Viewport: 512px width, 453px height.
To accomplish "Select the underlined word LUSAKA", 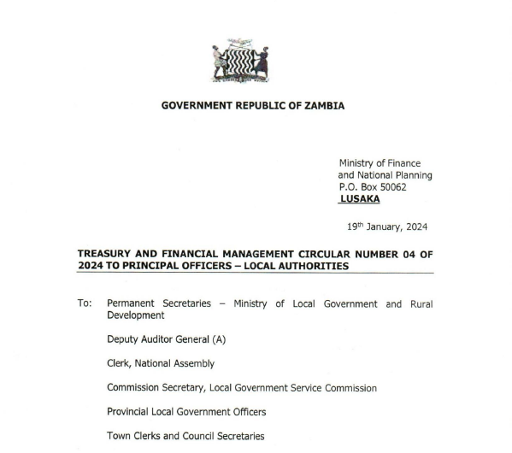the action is point(360,199).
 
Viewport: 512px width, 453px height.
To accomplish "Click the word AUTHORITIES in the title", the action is point(314,266).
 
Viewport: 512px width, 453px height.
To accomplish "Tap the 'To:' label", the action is point(85,304).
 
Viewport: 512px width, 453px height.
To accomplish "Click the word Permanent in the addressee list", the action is point(132,304).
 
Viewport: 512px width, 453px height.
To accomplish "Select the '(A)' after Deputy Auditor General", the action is point(212,339).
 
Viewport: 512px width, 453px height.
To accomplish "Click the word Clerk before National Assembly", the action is point(120,363).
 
